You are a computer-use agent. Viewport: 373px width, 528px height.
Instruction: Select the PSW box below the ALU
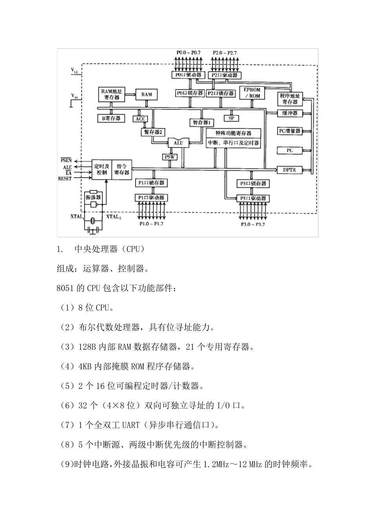170,157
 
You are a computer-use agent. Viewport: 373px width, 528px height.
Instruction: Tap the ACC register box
141,119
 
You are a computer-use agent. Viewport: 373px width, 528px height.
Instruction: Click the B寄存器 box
111,118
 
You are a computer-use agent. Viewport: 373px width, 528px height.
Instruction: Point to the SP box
231,118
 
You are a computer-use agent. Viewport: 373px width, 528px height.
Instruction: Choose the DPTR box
289,170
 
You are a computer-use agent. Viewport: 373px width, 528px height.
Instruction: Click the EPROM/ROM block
252,93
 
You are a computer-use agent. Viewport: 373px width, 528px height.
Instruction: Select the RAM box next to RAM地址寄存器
146,94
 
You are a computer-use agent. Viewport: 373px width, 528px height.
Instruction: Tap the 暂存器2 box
152,132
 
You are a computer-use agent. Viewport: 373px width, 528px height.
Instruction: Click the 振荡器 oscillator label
93,197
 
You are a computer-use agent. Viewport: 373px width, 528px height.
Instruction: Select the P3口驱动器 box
253,198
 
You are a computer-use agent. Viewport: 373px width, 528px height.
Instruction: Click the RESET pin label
65,178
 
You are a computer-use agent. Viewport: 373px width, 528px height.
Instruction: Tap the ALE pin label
67,167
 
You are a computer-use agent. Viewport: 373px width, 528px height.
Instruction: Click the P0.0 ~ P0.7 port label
188,52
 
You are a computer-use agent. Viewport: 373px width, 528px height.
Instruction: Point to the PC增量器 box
289,131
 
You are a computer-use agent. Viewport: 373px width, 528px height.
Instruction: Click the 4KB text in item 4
85,367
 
